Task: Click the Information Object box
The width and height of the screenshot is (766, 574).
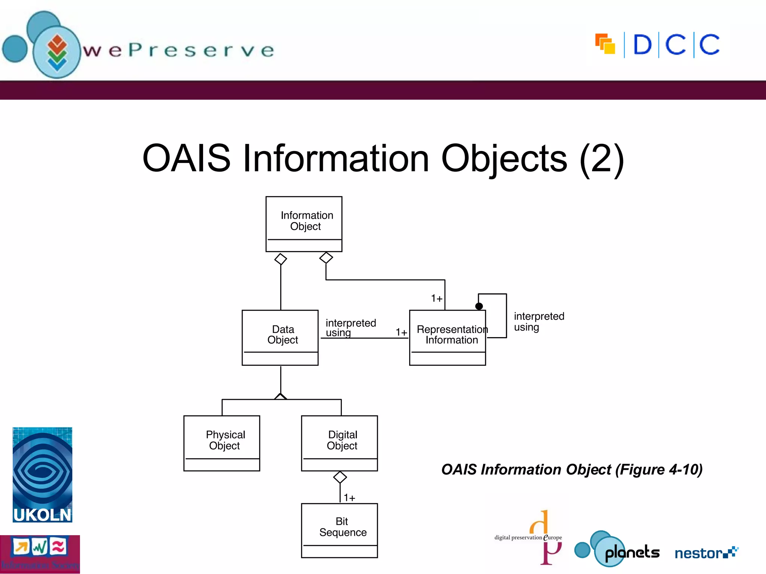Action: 304,224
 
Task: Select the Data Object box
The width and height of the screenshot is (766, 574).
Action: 280,337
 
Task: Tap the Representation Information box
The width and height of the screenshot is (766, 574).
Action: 447,337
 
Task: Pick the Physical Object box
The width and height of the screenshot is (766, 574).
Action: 222,443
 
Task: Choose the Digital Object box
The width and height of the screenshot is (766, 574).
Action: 339,443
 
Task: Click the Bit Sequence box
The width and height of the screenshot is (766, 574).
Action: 339,530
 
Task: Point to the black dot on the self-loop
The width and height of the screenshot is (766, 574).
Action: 479,306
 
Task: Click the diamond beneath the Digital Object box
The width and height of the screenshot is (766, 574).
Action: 340,477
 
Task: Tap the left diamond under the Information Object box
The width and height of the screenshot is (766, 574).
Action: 281,259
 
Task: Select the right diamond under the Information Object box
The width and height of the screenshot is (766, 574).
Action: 326,257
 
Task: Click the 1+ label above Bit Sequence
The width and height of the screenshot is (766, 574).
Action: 349,498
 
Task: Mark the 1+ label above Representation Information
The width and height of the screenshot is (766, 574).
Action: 436,299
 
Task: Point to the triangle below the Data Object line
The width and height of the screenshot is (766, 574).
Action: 281,396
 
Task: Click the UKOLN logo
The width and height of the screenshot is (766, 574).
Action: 42,475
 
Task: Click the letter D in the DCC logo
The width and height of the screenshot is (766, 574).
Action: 642,45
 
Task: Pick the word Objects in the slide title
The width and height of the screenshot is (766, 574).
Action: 504,159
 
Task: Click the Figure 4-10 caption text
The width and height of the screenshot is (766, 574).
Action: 572,470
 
